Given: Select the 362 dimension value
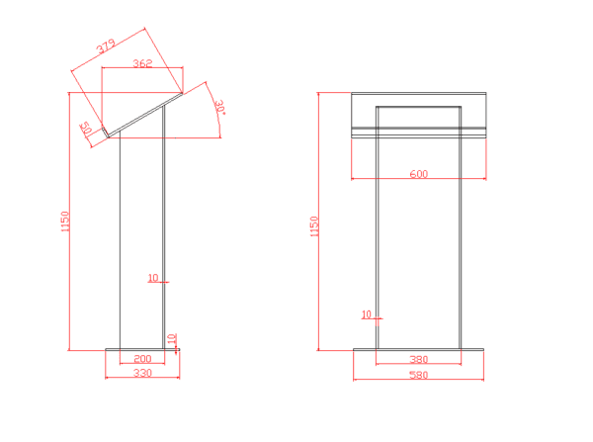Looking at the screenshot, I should click(x=141, y=63).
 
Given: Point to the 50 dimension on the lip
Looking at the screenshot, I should click(x=86, y=130).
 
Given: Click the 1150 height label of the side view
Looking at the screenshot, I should click(x=64, y=222).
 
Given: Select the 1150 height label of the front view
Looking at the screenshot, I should click(x=314, y=226).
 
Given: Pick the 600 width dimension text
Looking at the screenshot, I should click(x=418, y=174).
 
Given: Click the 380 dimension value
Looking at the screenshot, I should click(x=418, y=359).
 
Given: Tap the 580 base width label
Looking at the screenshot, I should click(x=418, y=375).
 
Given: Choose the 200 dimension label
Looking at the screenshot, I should click(x=142, y=359).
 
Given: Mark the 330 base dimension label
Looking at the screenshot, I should click(x=142, y=374).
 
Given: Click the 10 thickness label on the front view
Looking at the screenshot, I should click(x=366, y=314).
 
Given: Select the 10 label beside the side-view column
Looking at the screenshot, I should click(x=152, y=278).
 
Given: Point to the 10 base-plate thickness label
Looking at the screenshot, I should click(x=172, y=339).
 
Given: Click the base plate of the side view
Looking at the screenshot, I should click(x=142, y=349).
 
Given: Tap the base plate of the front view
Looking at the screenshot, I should click(x=418, y=349).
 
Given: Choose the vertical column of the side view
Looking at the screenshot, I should click(x=142, y=237).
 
